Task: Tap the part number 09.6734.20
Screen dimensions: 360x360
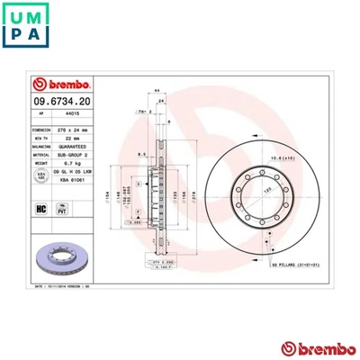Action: (62, 103)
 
